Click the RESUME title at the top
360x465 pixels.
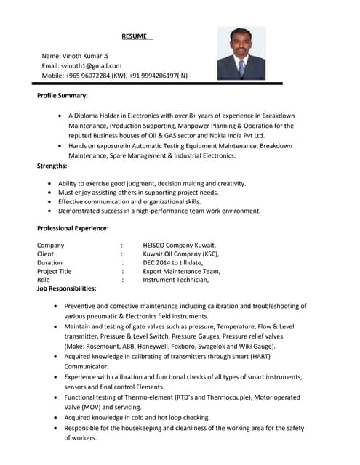[x=134, y=36]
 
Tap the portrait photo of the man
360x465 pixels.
[x=241, y=53]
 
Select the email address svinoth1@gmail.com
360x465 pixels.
[x=91, y=65]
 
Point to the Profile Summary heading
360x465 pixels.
[x=63, y=96]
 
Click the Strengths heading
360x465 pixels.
[x=52, y=166]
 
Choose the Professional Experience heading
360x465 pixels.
[x=73, y=228]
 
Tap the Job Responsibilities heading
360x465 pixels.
[x=66, y=288]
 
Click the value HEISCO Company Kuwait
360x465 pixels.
[x=180, y=245]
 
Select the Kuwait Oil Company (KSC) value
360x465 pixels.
[x=181, y=254]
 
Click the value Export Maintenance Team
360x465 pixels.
[x=181, y=271]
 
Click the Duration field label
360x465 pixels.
[x=49, y=262]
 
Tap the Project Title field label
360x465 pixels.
[x=55, y=271]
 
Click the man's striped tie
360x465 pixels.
[x=241, y=69]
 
